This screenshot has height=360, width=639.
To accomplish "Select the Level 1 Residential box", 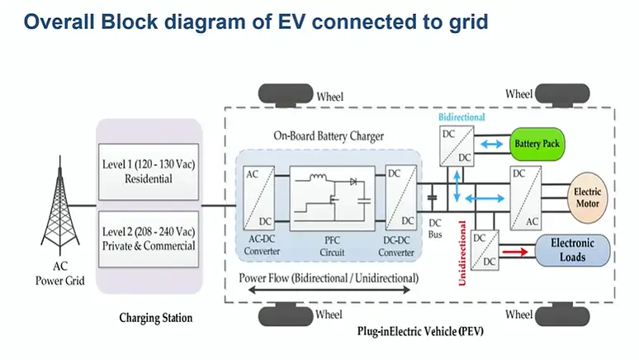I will tap(149, 168).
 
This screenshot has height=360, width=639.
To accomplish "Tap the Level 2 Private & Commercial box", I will tap(149, 236).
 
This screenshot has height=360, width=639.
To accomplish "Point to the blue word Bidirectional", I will tap(464, 118).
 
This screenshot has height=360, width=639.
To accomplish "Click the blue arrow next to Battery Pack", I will tap(492, 144).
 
